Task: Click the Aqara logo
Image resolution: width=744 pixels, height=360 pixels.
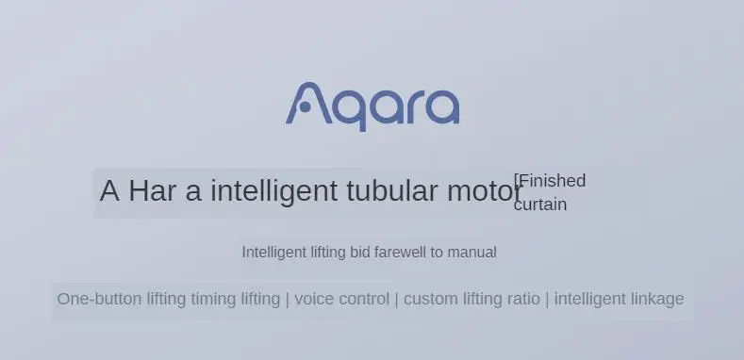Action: pyautogui.click(x=372, y=106)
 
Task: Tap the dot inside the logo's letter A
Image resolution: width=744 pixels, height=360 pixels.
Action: pyautogui.click(x=306, y=107)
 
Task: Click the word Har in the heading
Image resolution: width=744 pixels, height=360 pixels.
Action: pyautogui.click(x=153, y=190)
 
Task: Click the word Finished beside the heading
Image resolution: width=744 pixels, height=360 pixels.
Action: pyautogui.click(x=553, y=181)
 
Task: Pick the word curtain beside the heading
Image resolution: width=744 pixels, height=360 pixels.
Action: pyautogui.click(x=540, y=205)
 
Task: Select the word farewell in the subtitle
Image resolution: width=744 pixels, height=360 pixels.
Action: pyautogui.click(x=400, y=253)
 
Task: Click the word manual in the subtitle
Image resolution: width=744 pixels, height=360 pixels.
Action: pyautogui.click(x=472, y=253)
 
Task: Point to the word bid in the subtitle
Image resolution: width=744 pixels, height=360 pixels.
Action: pyautogui.click(x=359, y=253)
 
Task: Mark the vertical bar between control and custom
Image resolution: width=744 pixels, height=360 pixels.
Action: pyautogui.click(x=397, y=300)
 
